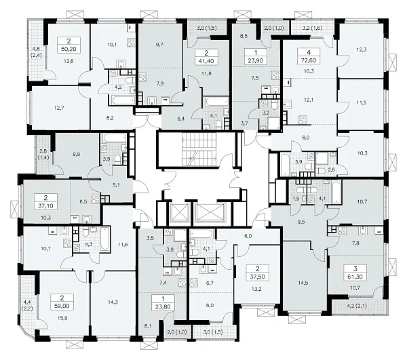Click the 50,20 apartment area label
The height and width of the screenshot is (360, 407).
tap(69, 48)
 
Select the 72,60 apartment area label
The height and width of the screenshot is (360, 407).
tap(309, 60)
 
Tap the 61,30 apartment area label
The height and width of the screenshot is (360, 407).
tap(355, 277)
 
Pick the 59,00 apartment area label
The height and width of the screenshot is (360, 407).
tap(62, 306)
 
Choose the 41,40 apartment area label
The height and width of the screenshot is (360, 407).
tap(206, 60)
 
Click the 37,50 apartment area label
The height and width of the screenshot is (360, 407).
tap(258, 277)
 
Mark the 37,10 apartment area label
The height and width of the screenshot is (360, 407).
tap(46, 205)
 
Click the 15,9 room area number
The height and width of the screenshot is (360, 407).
tap(62, 318)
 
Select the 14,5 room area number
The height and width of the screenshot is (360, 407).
tap(303, 283)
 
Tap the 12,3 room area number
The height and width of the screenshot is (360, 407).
tap(362, 49)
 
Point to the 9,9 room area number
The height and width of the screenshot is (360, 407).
tap(77, 154)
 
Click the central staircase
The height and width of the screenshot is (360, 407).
tap(199, 150)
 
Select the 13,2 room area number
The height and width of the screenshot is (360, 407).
tap(256, 289)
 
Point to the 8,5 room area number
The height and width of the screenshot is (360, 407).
tap(244, 36)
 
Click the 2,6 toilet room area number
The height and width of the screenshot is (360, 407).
tap(332, 169)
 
